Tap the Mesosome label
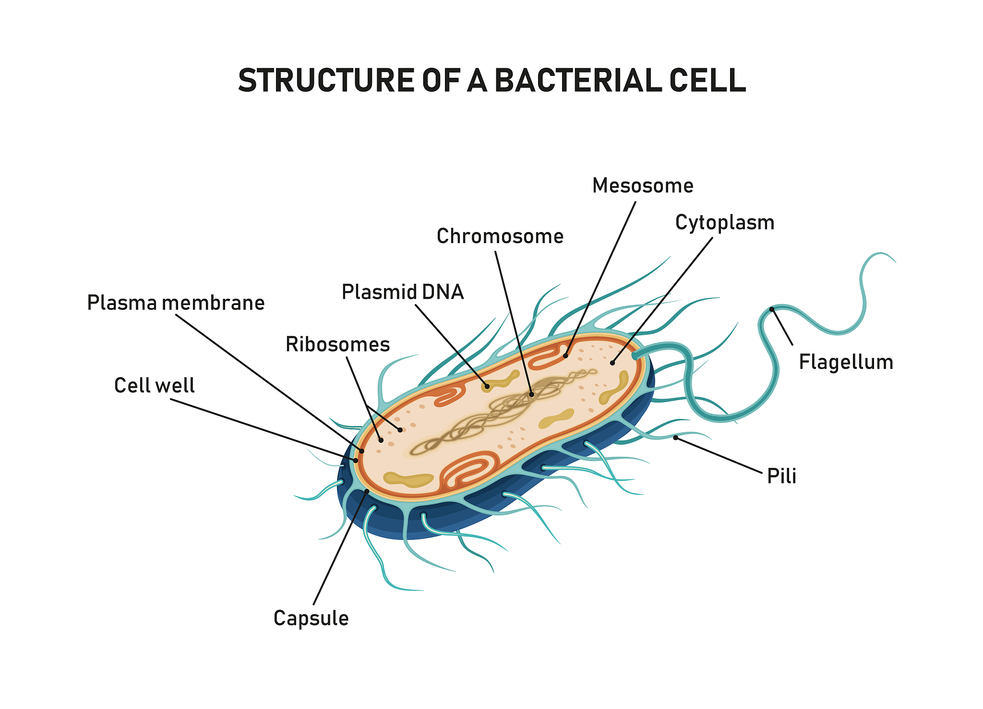[643, 186]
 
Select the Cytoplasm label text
[724, 223]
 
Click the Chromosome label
[500, 236]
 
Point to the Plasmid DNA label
[402, 292]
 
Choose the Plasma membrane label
[176, 303]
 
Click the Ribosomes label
[337, 344]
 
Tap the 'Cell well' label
[154, 385]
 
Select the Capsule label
[311, 618]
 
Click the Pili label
[781, 476]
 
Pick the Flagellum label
[846, 362]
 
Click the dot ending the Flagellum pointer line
[772, 309]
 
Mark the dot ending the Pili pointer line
[675, 438]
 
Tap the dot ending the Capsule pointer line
[367, 491]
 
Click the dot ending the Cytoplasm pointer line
[612, 363]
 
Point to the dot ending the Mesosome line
[565, 356]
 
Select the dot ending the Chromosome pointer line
[531, 395]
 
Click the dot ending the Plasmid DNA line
[487, 386]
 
